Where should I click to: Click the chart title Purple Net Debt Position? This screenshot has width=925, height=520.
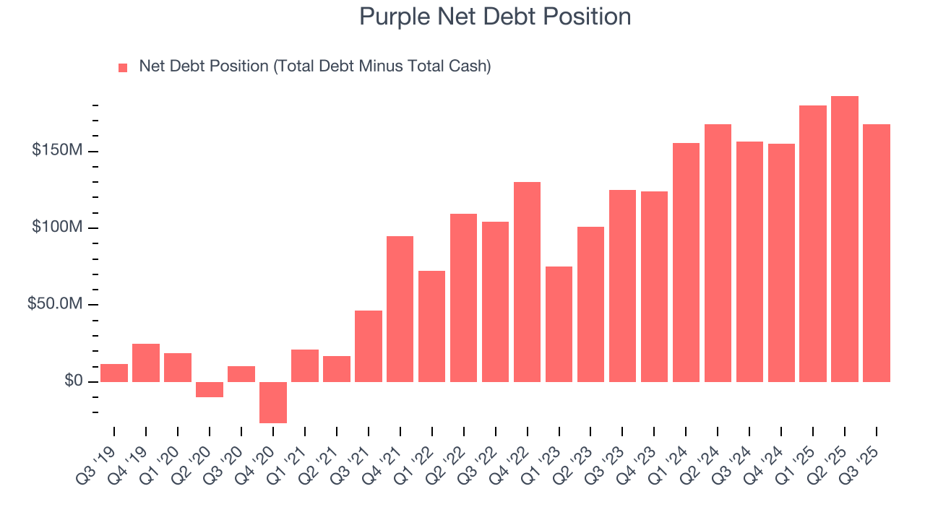[x=495, y=17]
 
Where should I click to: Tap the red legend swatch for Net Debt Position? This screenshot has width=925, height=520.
[x=123, y=67]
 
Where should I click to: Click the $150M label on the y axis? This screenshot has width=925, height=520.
[x=56, y=151]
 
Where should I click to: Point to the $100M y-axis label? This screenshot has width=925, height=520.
[x=56, y=227]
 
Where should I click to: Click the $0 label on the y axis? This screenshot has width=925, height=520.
[x=72, y=381]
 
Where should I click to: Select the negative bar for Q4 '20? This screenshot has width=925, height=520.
[x=273, y=402]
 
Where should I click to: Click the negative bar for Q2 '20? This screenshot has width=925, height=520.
[x=210, y=389]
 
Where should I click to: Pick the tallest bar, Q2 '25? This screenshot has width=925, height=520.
[x=845, y=238]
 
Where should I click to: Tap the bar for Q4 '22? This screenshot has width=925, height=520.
[x=527, y=282]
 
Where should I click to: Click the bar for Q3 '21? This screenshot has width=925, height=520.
[x=369, y=346]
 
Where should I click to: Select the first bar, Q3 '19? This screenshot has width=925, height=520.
[x=114, y=373]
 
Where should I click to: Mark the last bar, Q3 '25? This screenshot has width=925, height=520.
[x=877, y=253]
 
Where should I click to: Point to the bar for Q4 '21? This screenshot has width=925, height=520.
[x=400, y=308]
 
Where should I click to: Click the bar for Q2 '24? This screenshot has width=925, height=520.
[x=718, y=253]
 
